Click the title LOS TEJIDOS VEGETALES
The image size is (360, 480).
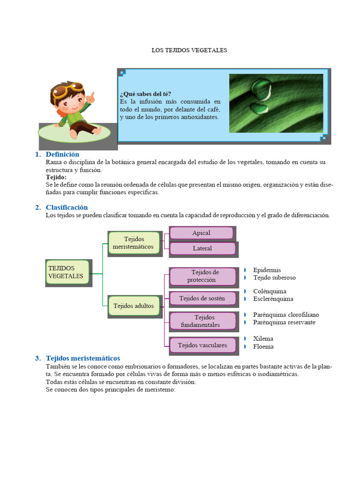click(189, 50)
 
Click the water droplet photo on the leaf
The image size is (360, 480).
click(276, 103)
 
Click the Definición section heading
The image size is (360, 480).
click(62, 154)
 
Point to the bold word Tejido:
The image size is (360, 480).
click(56, 177)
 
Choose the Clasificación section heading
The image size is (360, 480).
click(67, 207)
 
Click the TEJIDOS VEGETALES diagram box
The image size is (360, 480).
click(67, 272)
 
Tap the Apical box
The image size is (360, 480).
click(201, 233)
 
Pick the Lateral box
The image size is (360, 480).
click(202, 248)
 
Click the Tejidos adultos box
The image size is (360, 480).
click(134, 306)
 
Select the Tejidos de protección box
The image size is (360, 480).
click(202, 276)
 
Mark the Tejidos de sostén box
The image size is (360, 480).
click(202, 298)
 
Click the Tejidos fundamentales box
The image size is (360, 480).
click(202, 321)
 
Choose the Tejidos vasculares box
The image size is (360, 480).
click(202, 345)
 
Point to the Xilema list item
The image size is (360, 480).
click(263, 338)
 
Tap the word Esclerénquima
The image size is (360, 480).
click(273, 299)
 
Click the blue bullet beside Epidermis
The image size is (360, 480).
click(245, 270)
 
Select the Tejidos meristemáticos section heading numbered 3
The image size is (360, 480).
click(83, 358)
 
